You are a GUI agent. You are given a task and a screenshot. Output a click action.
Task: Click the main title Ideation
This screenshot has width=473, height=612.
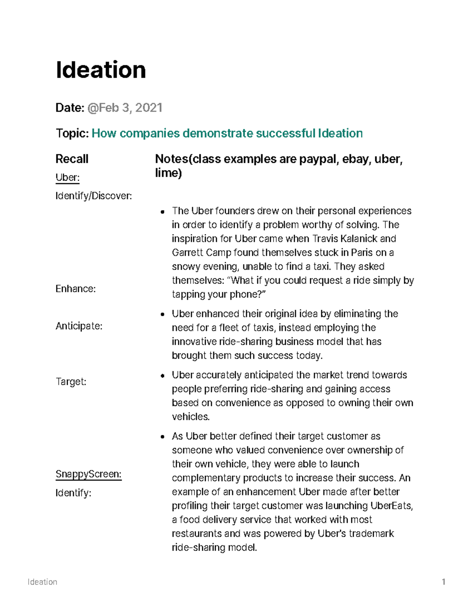(101, 70)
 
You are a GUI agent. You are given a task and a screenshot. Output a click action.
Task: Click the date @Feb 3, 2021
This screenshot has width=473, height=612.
(125, 108)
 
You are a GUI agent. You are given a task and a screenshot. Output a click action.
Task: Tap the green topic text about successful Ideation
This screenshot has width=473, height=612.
(227, 133)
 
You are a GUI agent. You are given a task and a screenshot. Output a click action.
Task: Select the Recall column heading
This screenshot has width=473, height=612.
(72, 159)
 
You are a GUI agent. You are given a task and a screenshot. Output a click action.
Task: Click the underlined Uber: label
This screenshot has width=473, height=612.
(67, 178)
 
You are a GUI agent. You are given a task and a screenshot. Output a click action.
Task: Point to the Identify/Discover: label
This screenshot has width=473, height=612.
(94, 196)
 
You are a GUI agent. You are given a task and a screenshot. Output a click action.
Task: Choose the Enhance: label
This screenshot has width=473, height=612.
(76, 289)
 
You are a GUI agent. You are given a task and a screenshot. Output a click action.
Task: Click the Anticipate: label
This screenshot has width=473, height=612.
(79, 326)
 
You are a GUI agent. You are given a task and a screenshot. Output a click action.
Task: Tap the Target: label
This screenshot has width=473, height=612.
(71, 381)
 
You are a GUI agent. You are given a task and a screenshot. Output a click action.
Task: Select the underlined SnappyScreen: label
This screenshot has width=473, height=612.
(88, 474)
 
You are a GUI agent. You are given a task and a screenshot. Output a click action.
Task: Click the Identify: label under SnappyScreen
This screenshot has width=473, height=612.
(73, 493)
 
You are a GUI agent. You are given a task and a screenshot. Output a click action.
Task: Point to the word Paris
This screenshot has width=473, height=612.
(361, 253)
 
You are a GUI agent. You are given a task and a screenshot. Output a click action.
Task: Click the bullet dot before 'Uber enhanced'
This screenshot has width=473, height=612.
(162, 314)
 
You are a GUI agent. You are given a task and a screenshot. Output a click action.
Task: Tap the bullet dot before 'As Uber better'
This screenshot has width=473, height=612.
(162, 437)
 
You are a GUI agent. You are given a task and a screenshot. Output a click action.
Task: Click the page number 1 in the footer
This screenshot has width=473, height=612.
(444, 582)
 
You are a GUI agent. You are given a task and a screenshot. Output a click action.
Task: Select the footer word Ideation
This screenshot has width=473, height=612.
(43, 582)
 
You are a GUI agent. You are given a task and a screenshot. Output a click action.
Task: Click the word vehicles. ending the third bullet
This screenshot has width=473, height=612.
(191, 417)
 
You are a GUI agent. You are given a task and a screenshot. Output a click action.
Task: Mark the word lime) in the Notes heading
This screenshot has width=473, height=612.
(168, 173)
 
